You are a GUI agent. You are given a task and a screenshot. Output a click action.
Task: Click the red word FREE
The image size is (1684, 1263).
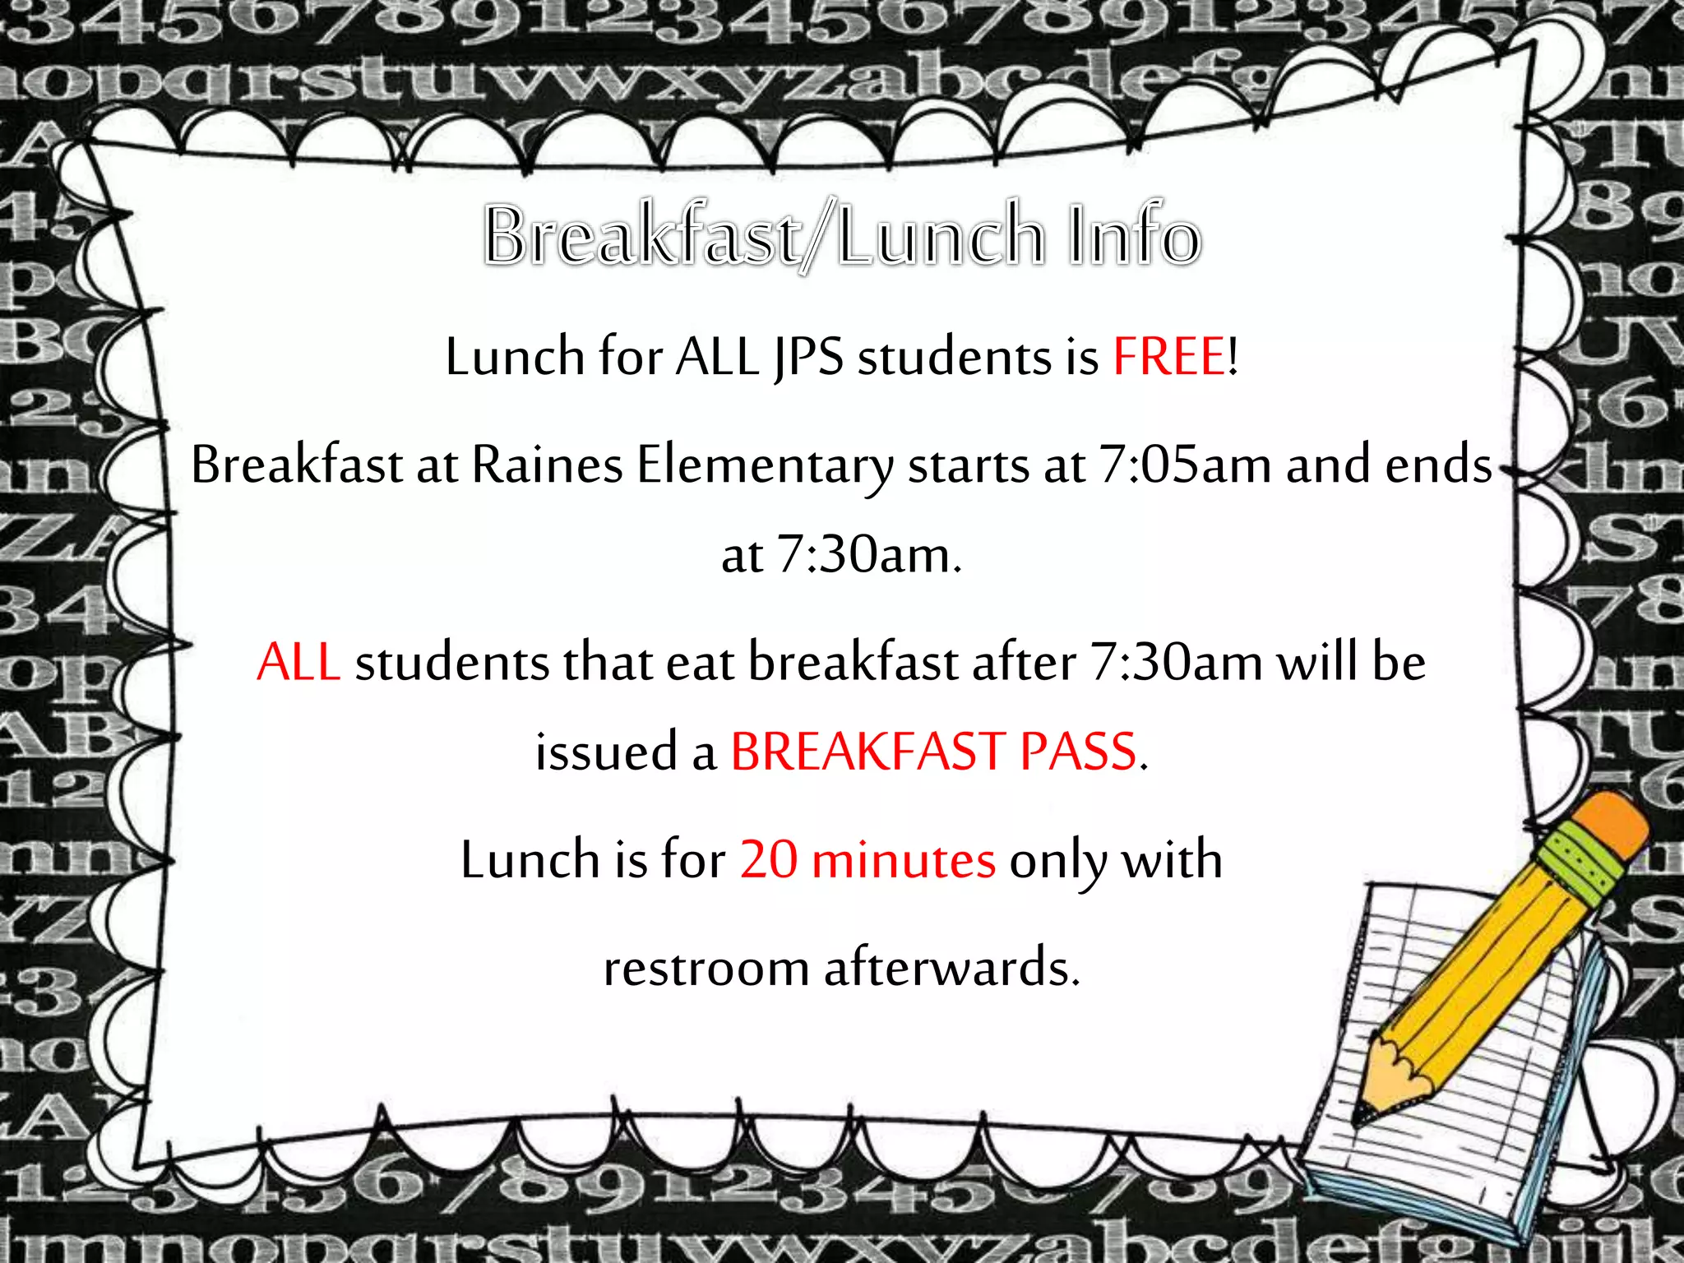(1168, 358)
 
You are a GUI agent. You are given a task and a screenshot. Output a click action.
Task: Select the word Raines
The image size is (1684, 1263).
(547, 465)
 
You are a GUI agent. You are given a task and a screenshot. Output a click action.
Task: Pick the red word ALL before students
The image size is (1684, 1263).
(298, 663)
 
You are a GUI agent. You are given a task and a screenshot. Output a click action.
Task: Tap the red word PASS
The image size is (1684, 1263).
(1078, 752)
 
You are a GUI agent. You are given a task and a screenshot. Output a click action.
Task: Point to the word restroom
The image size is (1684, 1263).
(706, 968)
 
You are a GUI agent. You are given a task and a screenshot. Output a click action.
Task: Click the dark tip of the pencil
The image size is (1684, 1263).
(1364, 1114)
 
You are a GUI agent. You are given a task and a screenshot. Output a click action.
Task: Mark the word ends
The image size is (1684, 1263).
(1438, 465)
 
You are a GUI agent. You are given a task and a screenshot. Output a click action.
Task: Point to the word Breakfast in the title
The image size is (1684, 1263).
(641, 237)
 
